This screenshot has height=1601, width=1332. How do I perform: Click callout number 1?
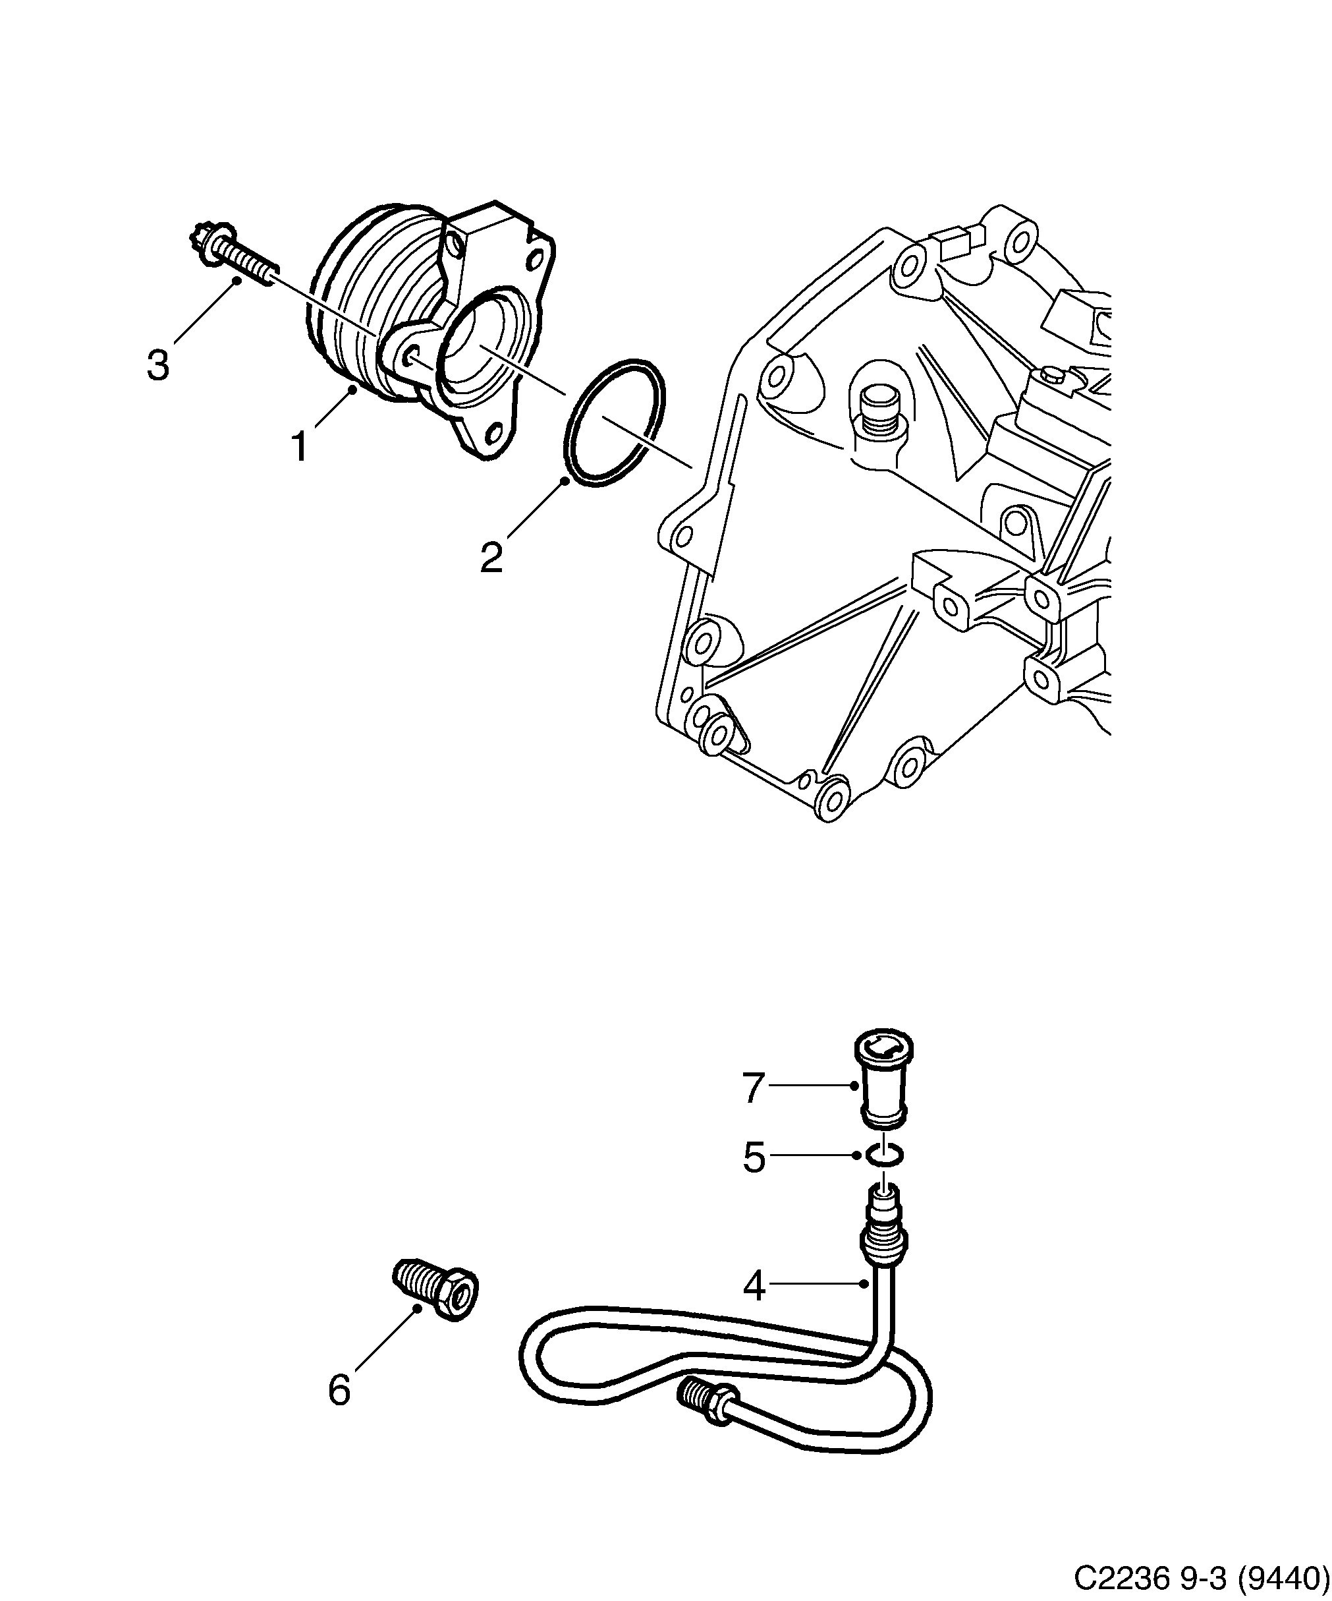point(300,447)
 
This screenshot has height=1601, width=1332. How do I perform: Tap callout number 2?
point(491,558)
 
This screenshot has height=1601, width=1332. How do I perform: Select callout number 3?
point(157,365)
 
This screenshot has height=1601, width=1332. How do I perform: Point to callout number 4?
point(753,1287)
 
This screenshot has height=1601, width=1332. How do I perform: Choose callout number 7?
point(753,1088)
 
